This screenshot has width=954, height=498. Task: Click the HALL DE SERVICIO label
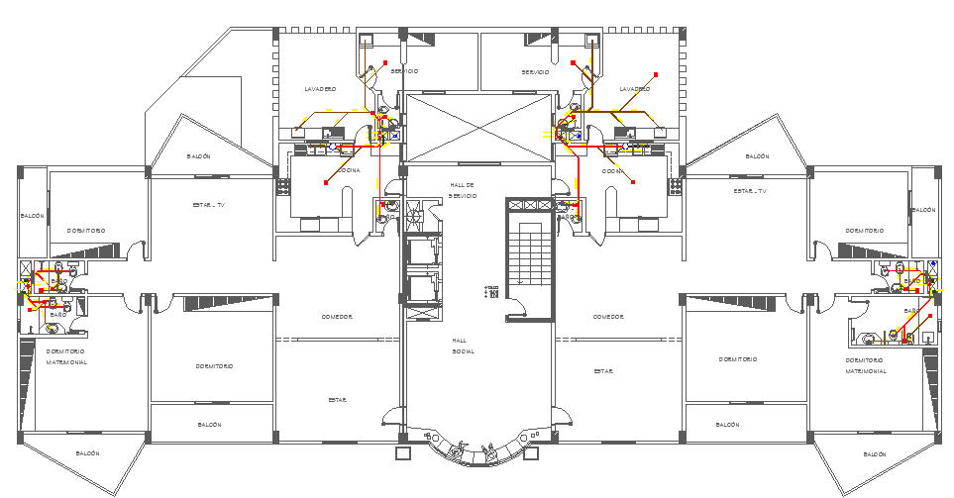[x=463, y=190]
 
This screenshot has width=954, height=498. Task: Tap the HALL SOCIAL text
[x=463, y=346]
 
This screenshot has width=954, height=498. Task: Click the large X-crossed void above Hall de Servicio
[x=477, y=128]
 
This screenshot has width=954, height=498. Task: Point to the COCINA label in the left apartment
[x=349, y=170]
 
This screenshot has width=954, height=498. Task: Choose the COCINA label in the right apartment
[x=613, y=170]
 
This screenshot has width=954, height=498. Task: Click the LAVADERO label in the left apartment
[x=320, y=89]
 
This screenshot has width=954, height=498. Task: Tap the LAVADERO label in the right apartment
[x=634, y=89]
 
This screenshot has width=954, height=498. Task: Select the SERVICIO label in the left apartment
[x=403, y=71]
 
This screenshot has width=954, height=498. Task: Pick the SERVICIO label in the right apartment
[x=535, y=71]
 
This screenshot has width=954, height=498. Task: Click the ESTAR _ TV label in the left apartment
[x=209, y=205]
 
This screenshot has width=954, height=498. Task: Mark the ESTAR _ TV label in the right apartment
[x=750, y=190]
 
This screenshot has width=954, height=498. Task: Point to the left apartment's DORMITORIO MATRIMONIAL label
[x=65, y=356]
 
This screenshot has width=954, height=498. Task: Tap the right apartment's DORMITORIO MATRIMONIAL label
[x=865, y=365]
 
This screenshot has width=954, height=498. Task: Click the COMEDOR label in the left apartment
[x=337, y=317]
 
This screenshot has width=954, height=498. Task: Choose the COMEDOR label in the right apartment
[x=607, y=317]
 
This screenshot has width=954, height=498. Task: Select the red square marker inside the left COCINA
[x=326, y=183]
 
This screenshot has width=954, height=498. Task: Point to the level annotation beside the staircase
[x=491, y=292]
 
